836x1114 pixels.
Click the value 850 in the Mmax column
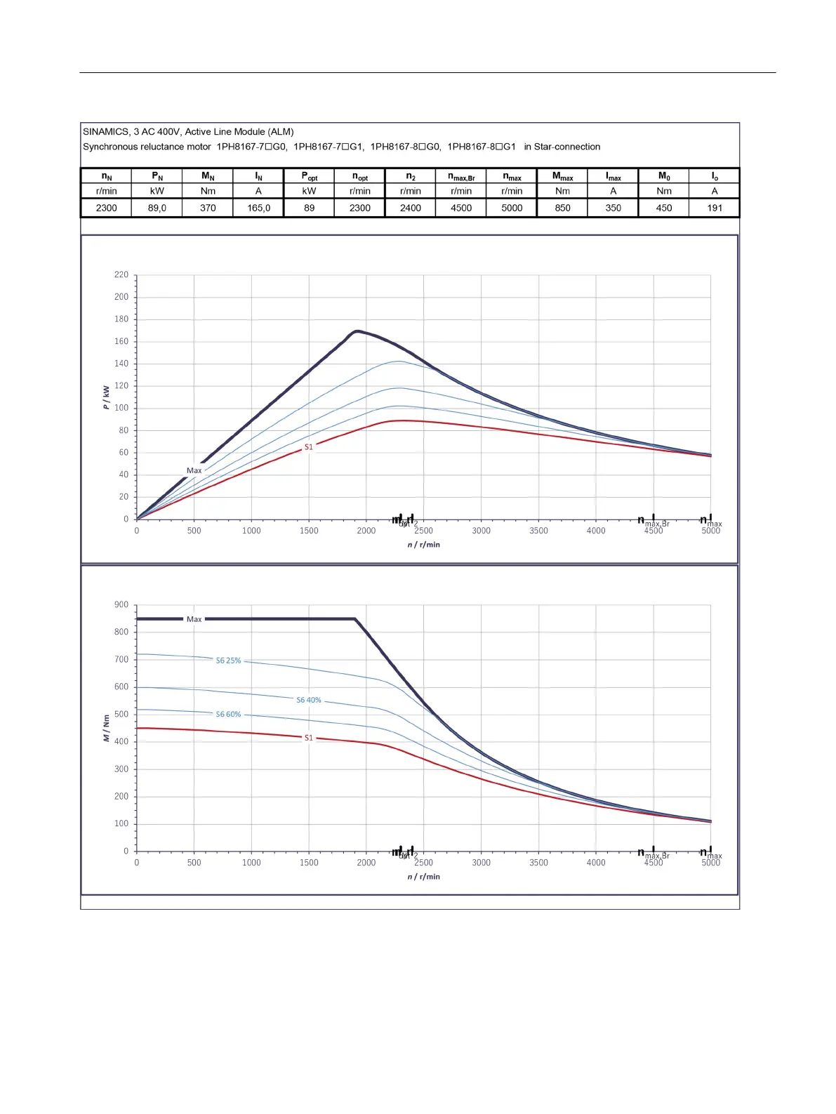click(x=562, y=208)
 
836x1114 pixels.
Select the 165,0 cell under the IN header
click(x=258, y=208)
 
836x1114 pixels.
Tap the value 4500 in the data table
click(x=461, y=208)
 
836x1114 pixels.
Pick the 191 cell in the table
click(x=715, y=208)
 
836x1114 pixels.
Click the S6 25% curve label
click(x=228, y=661)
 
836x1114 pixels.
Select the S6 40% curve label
click(x=309, y=700)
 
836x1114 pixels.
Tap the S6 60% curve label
click(x=228, y=715)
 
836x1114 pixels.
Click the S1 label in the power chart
click(x=309, y=447)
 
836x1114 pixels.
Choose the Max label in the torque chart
click(x=194, y=619)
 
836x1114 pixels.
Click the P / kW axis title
click(x=106, y=397)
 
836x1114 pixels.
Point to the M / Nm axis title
click(x=106, y=728)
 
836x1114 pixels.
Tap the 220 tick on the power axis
click(x=121, y=275)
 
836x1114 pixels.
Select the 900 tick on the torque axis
click(x=121, y=605)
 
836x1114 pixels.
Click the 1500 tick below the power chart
click(x=309, y=531)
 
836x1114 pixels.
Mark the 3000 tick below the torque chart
click(x=481, y=863)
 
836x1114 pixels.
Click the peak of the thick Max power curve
click(x=357, y=331)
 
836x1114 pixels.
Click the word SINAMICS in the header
click(x=106, y=132)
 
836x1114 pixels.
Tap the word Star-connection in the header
click(x=567, y=147)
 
